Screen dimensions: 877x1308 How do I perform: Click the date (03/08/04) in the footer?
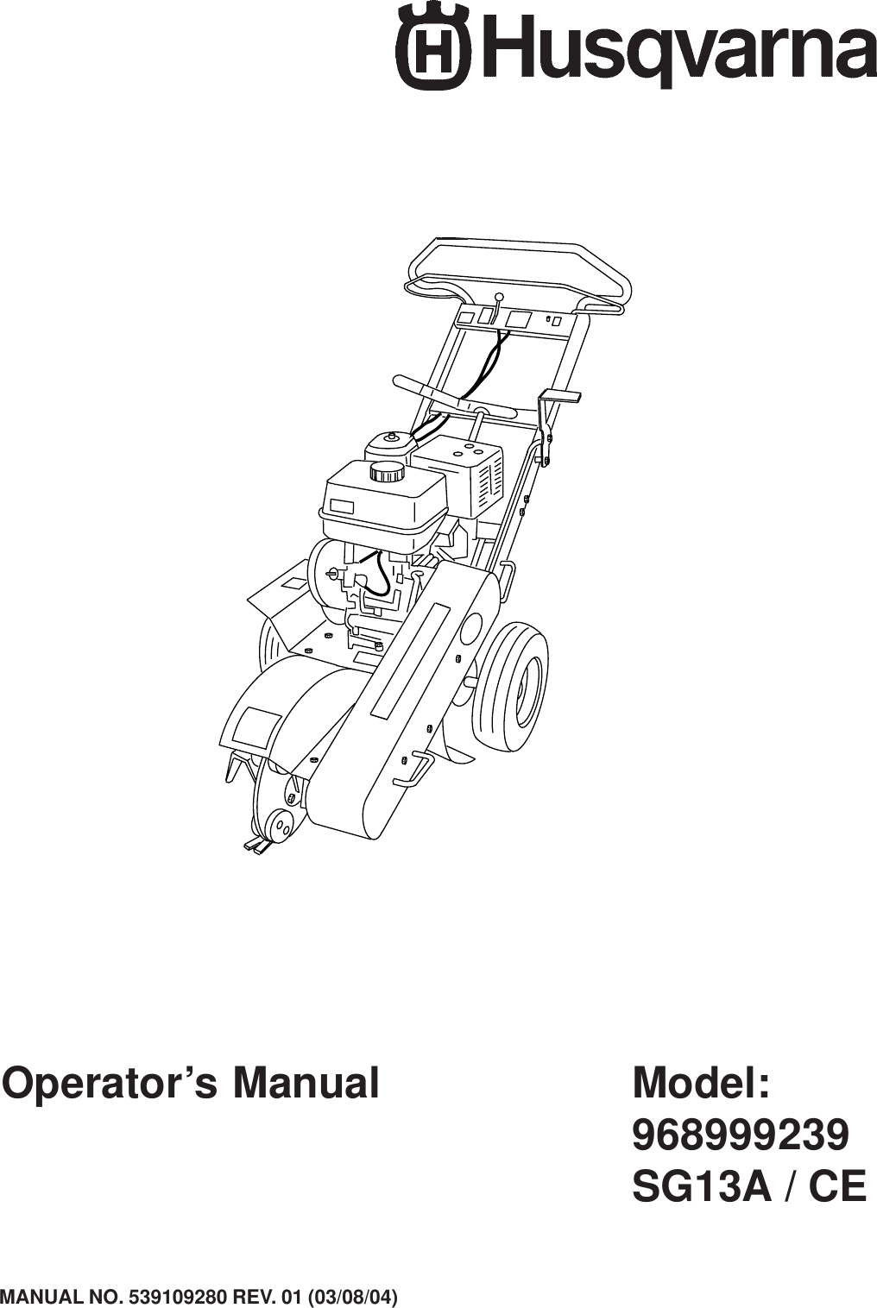[355, 1297]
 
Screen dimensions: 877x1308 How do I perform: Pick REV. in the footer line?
[253, 1297]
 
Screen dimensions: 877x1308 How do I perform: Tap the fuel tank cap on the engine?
[386, 472]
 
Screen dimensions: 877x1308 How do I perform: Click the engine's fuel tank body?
[384, 500]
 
